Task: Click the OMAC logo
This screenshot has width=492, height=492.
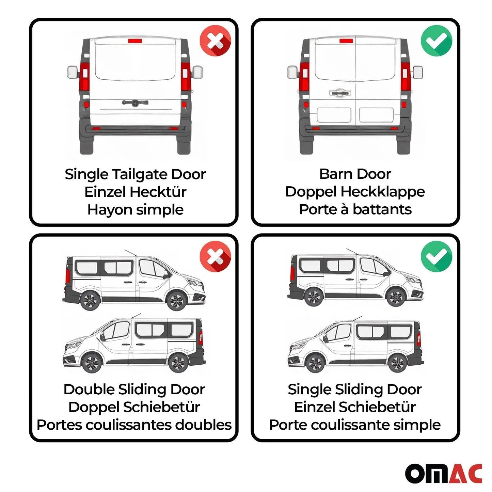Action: pos(443,473)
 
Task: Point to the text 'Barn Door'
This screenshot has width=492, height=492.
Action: pos(355,174)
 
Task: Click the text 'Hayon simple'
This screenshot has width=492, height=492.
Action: pos(135,210)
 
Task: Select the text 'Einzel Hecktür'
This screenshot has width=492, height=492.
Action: pos(135,192)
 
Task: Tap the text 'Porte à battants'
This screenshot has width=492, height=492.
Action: pos(355,209)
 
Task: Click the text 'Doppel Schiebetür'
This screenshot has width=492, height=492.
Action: pos(134,407)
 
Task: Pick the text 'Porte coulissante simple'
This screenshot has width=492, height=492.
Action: pos(355,425)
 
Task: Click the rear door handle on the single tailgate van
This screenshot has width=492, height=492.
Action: pos(135,102)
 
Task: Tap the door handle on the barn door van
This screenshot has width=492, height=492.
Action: pos(339,93)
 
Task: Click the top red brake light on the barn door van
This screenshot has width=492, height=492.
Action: pos(346,41)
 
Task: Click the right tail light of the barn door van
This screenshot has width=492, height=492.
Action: pos(405,77)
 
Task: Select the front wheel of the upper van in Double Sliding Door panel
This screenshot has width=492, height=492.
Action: pos(176,300)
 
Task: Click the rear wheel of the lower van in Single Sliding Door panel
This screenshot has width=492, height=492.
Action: pos(397,363)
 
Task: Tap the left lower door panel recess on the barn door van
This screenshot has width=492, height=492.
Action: pos(334,115)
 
